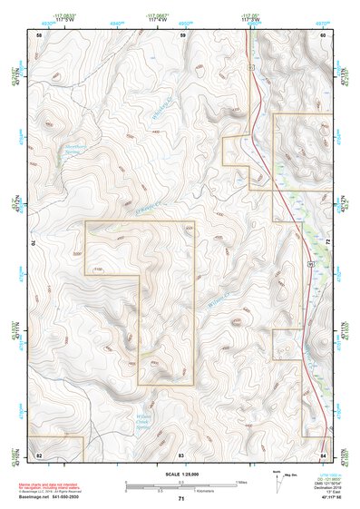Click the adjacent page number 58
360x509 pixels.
39,34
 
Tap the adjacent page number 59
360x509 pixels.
181,34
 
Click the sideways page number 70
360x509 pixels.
35,243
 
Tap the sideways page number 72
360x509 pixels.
326,243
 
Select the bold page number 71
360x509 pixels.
181,499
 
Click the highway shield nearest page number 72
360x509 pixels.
309,261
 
